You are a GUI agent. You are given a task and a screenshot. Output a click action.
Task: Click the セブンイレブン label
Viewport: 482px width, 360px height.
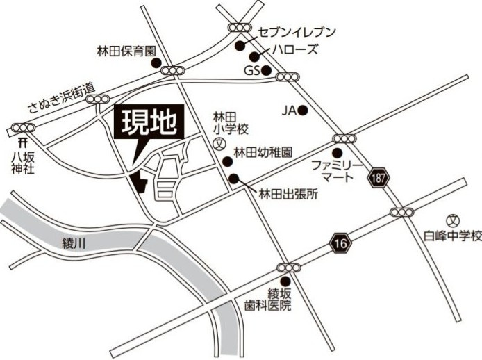point(297,32)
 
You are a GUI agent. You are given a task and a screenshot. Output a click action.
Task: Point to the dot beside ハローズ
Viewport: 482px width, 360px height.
point(256,56)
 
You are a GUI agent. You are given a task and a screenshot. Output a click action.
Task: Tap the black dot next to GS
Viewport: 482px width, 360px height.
point(265,70)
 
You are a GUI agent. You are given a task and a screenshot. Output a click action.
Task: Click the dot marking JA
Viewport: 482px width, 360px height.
point(302,110)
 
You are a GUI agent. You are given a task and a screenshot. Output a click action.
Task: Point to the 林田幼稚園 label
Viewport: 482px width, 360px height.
point(262,150)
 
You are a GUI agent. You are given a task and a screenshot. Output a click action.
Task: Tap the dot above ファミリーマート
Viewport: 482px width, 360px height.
point(338,153)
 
